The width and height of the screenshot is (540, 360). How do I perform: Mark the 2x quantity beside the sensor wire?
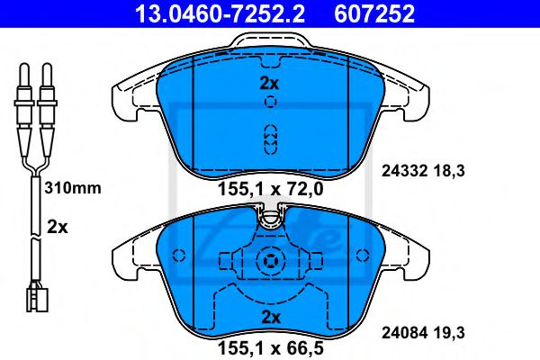pos(57,228)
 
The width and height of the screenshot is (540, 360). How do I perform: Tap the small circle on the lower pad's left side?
pos(177,254)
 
